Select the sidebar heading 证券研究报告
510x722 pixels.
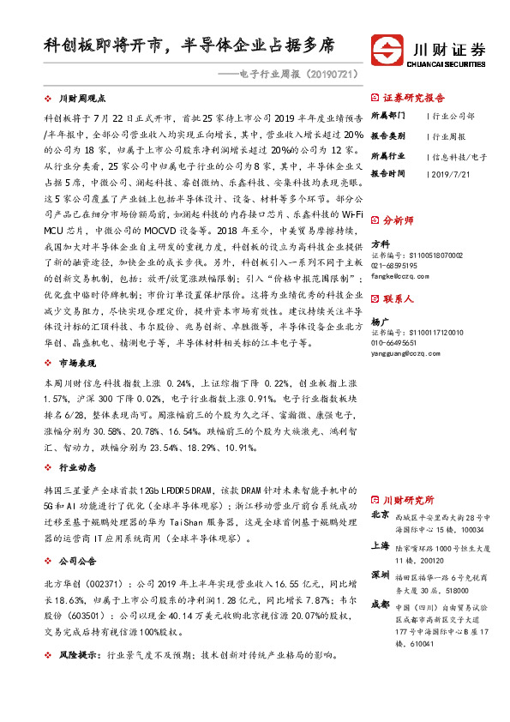[413, 98]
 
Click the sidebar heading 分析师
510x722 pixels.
[398, 220]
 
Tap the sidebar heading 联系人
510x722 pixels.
[398, 299]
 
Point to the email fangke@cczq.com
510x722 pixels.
[401, 275]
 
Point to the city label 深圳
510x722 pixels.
[381, 574]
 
